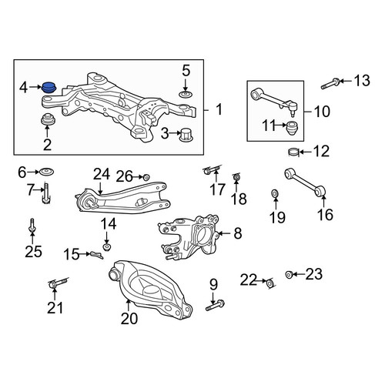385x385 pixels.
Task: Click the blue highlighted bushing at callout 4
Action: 49,87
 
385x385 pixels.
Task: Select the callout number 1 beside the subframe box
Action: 219,109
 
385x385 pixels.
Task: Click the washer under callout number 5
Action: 186,94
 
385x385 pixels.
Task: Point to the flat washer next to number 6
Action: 46,172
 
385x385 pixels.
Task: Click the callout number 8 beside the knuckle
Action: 238,233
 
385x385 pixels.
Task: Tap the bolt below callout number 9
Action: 215,305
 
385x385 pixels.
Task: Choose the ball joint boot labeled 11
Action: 292,128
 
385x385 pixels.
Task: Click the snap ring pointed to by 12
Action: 293,152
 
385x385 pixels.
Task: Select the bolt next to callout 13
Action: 331,84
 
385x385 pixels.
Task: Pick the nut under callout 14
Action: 107,247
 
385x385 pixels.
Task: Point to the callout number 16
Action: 325,215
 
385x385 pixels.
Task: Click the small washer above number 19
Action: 275,193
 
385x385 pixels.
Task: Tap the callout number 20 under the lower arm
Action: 129,318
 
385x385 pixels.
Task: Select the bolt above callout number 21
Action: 58,283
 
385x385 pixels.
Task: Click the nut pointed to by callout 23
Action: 289,274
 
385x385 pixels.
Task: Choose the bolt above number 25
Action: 32,226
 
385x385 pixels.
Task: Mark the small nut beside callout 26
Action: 146,177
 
